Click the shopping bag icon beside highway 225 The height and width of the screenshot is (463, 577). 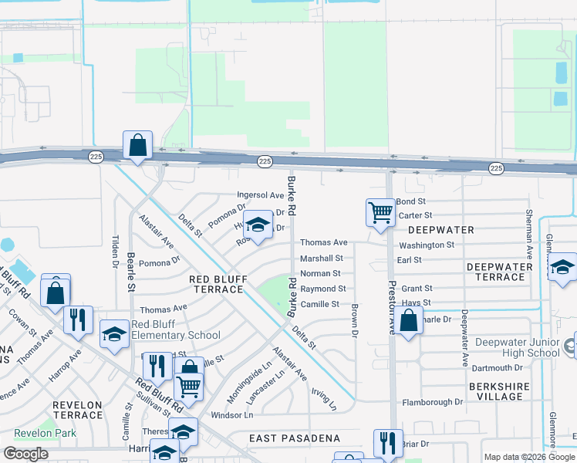[x=137, y=145]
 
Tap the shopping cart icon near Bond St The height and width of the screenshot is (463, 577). [x=380, y=212]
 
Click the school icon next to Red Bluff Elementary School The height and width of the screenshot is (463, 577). [x=115, y=334]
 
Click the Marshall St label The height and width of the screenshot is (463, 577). [x=321, y=258]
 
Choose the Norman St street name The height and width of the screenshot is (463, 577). [x=320, y=273]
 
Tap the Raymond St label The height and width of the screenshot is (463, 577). [x=322, y=289]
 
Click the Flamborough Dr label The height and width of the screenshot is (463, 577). [x=432, y=402]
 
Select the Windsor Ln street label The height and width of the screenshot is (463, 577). [x=231, y=415]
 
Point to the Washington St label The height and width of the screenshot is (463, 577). [x=427, y=245]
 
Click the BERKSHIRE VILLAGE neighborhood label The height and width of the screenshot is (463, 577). [x=500, y=390]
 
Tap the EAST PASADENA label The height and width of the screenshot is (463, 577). [x=294, y=438]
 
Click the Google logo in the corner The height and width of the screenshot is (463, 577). [x=25, y=453]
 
